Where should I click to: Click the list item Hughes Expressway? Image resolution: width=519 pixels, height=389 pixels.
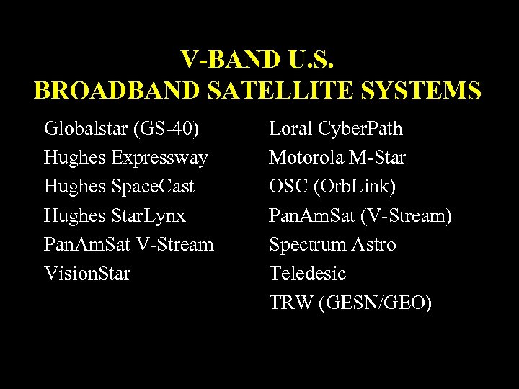[126, 158]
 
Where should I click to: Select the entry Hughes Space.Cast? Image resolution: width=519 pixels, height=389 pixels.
[120, 187]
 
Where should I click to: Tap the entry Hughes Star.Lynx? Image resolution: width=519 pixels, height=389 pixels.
[115, 215]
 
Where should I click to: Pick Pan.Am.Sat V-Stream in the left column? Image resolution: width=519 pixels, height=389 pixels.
[129, 244]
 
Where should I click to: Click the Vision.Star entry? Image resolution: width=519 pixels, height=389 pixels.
[87, 273]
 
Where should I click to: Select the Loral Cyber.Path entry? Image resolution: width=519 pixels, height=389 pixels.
[336, 129]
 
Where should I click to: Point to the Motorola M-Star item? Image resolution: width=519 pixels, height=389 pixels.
[337, 158]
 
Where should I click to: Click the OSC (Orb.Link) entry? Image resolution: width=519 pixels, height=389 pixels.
[333, 187]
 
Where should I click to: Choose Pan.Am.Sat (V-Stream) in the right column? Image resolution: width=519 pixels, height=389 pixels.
[360, 215]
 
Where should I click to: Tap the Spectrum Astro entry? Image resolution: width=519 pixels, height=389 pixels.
[332, 244]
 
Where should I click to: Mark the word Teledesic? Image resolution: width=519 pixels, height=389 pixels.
[308, 273]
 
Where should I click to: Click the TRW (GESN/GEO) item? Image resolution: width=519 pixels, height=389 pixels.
[351, 303]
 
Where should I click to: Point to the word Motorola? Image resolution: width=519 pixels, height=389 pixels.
[303, 158]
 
